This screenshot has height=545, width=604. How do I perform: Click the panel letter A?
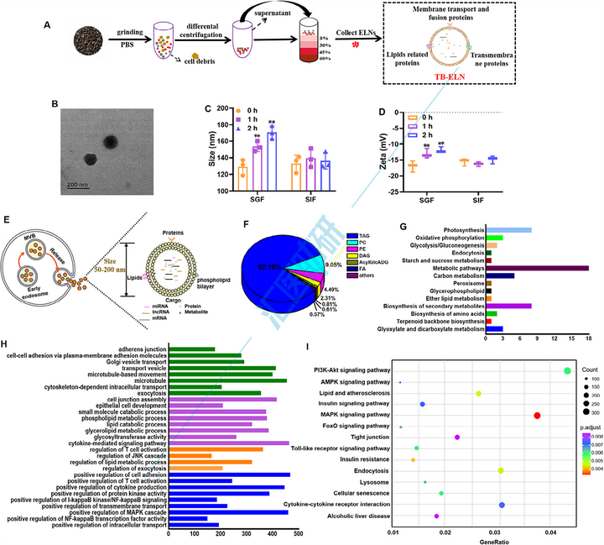click(46, 24)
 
